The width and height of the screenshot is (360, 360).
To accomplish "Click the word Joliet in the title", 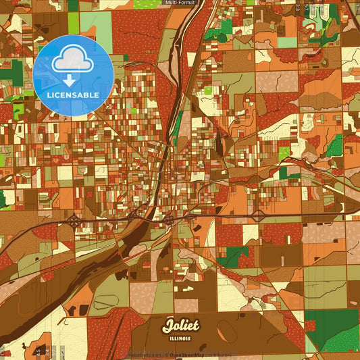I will click(x=180, y=326).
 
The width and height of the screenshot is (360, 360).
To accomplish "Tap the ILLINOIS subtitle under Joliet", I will click(x=180, y=337).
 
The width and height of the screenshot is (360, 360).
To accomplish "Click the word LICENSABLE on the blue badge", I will click(x=73, y=95).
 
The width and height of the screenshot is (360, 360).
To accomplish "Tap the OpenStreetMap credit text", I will click(x=190, y=355).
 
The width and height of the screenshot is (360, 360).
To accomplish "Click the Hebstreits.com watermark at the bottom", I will click(x=147, y=355).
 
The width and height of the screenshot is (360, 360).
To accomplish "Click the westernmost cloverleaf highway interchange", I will click(x=74, y=220).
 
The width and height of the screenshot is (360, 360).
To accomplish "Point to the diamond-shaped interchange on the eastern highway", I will click(x=259, y=215).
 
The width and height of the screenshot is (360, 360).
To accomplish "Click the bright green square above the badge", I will click(x=74, y=23).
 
